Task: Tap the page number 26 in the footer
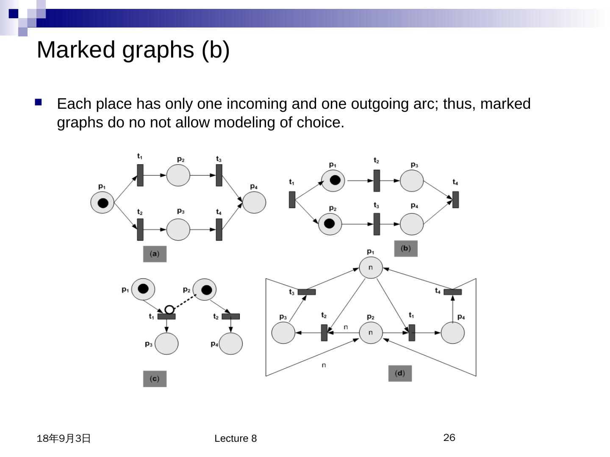(x=449, y=438)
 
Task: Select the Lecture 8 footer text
(x=236, y=438)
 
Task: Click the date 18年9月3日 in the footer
(x=64, y=438)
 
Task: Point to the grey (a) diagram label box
(x=155, y=254)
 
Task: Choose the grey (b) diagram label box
(x=406, y=248)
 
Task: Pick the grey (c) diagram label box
(x=155, y=379)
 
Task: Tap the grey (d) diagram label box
(x=400, y=373)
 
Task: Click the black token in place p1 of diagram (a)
(x=103, y=203)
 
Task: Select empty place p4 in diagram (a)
(x=254, y=202)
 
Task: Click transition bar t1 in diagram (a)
(x=140, y=175)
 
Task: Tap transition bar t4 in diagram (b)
(x=455, y=199)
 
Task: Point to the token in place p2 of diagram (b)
(x=329, y=223)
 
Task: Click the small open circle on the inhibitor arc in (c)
(x=169, y=310)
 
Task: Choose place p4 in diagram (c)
(x=231, y=343)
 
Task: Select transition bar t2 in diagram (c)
(x=230, y=317)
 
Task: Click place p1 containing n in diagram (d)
(x=371, y=267)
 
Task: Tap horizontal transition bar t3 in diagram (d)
(x=307, y=292)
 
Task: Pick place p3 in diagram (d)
(x=283, y=333)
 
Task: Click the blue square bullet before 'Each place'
(x=39, y=102)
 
